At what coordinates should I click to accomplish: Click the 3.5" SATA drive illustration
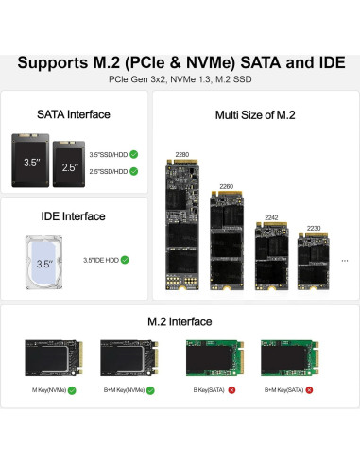(x=32, y=163)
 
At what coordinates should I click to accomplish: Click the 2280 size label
(x=182, y=153)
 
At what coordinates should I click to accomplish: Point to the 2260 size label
(x=226, y=186)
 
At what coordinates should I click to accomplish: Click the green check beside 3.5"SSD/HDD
(x=134, y=153)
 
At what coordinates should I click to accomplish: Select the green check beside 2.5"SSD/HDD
(x=134, y=171)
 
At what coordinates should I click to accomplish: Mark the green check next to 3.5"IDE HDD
(x=125, y=260)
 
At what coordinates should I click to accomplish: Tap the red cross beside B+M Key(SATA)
(x=309, y=389)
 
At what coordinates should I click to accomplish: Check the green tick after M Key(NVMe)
(x=72, y=389)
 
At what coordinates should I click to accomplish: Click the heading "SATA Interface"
(x=74, y=114)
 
